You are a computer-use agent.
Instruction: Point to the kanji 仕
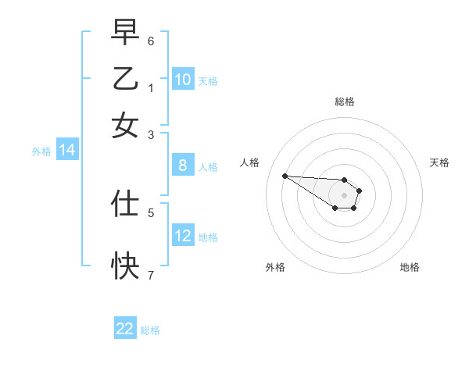click(x=125, y=202)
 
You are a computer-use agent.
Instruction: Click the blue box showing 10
click(x=183, y=79)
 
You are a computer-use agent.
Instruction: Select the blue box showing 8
click(x=183, y=165)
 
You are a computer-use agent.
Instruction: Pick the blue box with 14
click(x=67, y=151)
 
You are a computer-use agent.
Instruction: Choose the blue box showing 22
click(x=125, y=329)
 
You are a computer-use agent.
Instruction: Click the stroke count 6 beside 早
click(x=151, y=41)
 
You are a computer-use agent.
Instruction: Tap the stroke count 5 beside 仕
click(x=151, y=212)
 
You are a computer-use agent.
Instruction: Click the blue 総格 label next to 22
click(x=150, y=330)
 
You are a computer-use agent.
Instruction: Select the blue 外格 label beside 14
click(x=41, y=151)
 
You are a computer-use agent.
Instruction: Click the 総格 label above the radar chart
click(x=344, y=102)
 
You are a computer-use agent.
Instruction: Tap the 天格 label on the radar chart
click(x=439, y=162)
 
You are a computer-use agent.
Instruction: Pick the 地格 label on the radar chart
click(x=410, y=267)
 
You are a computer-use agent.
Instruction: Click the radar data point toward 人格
click(x=285, y=176)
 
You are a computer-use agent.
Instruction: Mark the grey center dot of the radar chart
click(x=344, y=195)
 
